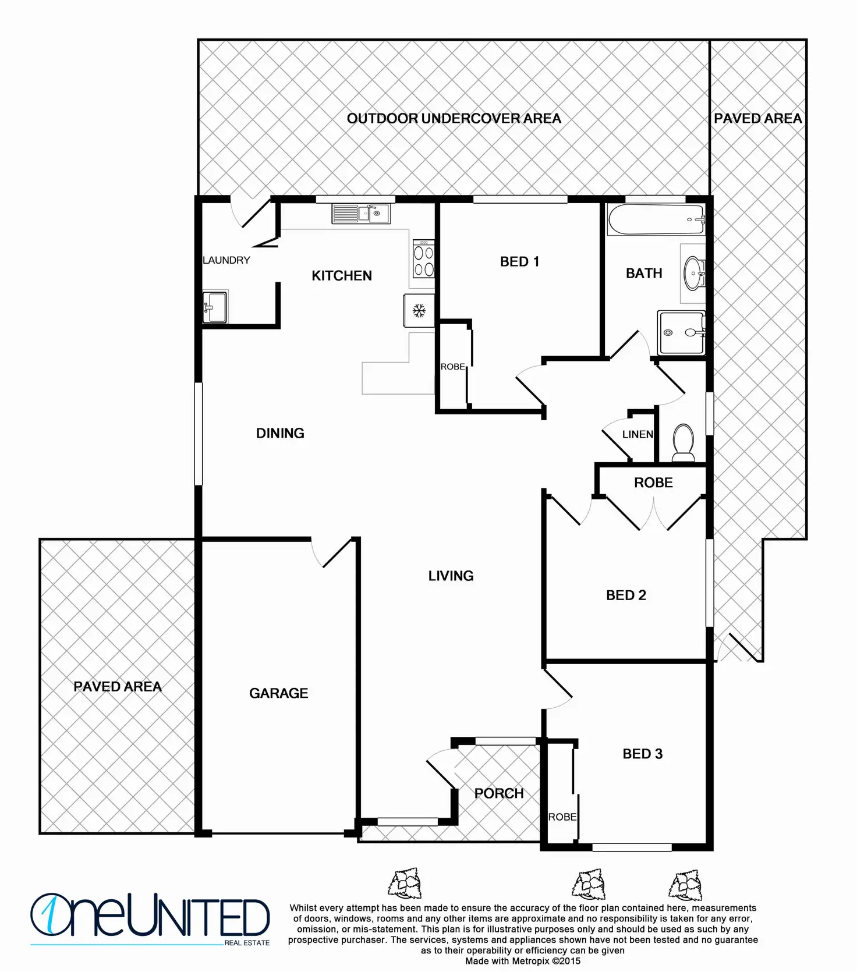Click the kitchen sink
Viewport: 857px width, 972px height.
[x=361, y=214]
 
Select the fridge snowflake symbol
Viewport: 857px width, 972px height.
[x=419, y=311]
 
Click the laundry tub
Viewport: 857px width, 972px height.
[x=214, y=306]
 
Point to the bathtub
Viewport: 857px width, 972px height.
[x=656, y=219]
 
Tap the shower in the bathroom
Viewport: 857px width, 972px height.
[x=681, y=333]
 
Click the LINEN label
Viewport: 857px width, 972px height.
[x=638, y=434]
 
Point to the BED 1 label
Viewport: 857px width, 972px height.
[x=519, y=262]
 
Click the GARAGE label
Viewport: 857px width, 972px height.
[x=278, y=693]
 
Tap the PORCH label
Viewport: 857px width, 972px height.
[x=499, y=793]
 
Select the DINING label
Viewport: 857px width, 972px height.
[x=280, y=433]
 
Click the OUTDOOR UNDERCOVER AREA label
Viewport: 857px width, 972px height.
[x=454, y=119]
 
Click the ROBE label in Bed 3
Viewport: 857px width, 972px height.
[x=562, y=817]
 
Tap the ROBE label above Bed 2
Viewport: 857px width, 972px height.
[x=653, y=483]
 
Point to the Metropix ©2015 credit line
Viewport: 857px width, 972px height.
[x=522, y=962]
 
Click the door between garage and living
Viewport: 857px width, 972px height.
[x=333, y=553]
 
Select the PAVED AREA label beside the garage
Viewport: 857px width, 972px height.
[x=118, y=687]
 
